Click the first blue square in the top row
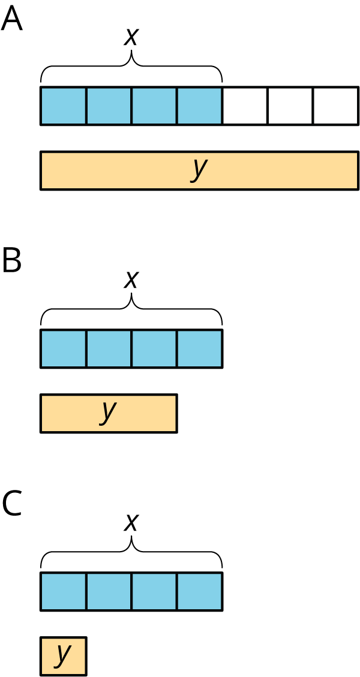pyautogui.click(x=64, y=106)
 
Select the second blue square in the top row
pyautogui.click(x=109, y=106)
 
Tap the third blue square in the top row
pyautogui.click(x=154, y=106)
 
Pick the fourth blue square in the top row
pyautogui.click(x=199, y=106)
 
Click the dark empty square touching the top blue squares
pyautogui.click(x=245, y=106)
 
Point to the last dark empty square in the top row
pyautogui.click(x=335, y=106)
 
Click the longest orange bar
pyautogui.click(x=270, y=171)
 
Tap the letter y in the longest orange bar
pyautogui.click(x=199, y=169)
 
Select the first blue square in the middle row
pyautogui.click(x=64, y=348)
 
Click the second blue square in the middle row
pyautogui.click(x=109, y=348)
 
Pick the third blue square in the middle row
pyautogui.click(x=154, y=348)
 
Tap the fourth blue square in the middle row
pyautogui.click(x=199, y=348)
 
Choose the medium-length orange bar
pyautogui.click(x=144, y=413)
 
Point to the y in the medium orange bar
pyautogui.click(x=109, y=411)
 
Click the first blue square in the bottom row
pyautogui.click(x=64, y=591)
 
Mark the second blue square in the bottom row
pyautogui.click(x=109, y=591)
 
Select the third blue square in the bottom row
pyautogui.click(x=154, y=591)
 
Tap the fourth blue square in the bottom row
pyautogui.click(x=199, y=591)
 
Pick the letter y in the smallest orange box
pyautogui.click(x=63, y=654)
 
